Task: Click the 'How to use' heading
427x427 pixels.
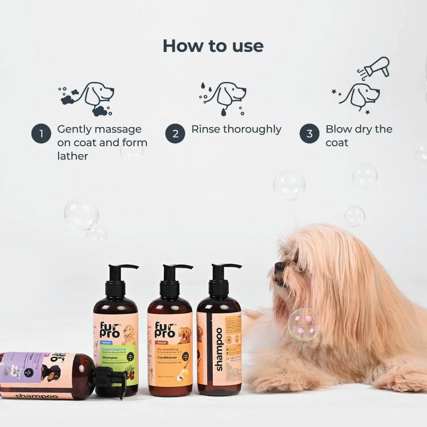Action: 213,46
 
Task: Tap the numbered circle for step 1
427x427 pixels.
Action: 41,133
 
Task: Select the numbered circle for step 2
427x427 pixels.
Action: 175,133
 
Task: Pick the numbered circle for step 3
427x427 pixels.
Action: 309,133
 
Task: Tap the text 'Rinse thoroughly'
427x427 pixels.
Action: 236,129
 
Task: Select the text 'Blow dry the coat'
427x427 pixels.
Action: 358,136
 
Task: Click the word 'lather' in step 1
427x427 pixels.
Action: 73,156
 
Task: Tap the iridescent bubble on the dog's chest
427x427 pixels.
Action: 303,325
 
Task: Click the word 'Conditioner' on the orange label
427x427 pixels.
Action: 167,357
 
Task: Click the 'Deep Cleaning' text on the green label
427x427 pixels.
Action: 114,349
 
